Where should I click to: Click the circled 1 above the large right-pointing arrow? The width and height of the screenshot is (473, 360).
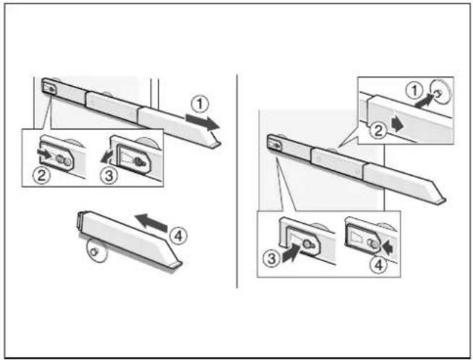pos(200,105)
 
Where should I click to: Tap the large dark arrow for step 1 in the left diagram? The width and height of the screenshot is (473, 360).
pos(203,122)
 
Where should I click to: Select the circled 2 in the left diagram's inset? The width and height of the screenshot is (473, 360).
pos(42,175)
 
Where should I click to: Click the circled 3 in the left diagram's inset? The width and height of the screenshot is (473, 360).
pos(109,176)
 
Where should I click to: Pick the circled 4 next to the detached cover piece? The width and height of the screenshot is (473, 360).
pos(179,236)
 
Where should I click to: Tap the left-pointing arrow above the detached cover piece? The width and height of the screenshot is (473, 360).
pos(151,223)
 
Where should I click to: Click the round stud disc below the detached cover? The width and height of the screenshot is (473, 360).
pos(96,251)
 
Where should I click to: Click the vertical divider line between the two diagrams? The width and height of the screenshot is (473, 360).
pos(237,181)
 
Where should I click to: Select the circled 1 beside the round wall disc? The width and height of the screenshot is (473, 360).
pos(414,90)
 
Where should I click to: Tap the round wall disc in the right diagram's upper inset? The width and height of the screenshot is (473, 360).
pos(441,91)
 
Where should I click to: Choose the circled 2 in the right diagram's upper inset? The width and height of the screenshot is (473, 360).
pos(378,131)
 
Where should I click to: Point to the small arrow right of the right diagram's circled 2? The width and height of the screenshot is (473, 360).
pos(397,124)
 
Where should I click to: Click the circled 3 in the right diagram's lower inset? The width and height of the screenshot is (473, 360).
pos(271,259)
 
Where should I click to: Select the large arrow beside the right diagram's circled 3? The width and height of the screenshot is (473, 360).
pos(291,254)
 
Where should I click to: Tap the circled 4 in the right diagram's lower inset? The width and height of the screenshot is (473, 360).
pos(378,265)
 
